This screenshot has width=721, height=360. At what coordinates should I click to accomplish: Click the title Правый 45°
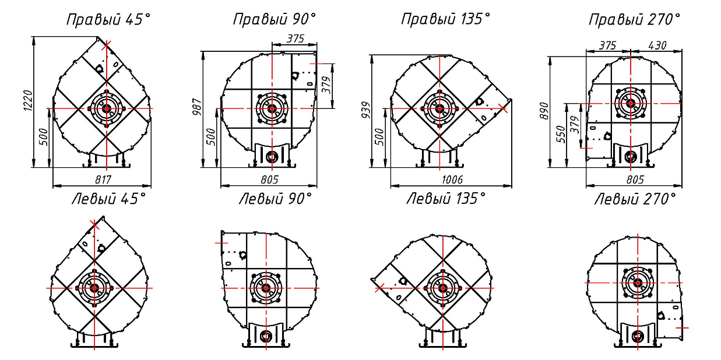(x=108, y=19)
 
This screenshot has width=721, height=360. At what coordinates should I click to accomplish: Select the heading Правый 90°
(x=275, y=19)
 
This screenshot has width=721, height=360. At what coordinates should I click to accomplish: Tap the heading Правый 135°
(x=445, y=19)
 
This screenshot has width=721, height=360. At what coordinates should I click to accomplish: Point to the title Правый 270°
(x=634, y=20)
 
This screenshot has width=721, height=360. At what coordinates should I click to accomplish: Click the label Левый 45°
(x=109, y=199)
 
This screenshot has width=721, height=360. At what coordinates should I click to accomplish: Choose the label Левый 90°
(x=275, y=199)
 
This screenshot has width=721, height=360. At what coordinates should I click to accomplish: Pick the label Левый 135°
(x=446, y=198)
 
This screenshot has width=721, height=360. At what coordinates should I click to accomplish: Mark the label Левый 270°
(x=635, y=199)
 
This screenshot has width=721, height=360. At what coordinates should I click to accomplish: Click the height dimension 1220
(x=28, y=101)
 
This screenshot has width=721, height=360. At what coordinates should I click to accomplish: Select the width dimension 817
(x=103, y=179)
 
